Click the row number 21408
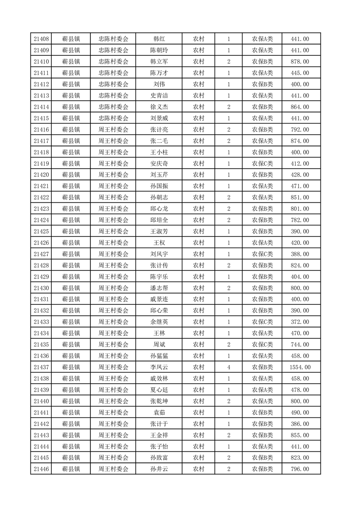point(41,39)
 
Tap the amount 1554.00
point(300,367)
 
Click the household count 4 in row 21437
point(228,367)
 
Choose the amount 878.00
point(300,62)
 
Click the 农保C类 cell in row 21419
point(262,163)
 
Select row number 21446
point(41,469)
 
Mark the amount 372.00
point(300,322)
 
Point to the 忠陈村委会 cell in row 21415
point(113,118)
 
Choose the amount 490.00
point(300,412)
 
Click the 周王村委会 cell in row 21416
point(113,130)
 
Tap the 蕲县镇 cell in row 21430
point(71,288)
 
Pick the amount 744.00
point(300,344)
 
